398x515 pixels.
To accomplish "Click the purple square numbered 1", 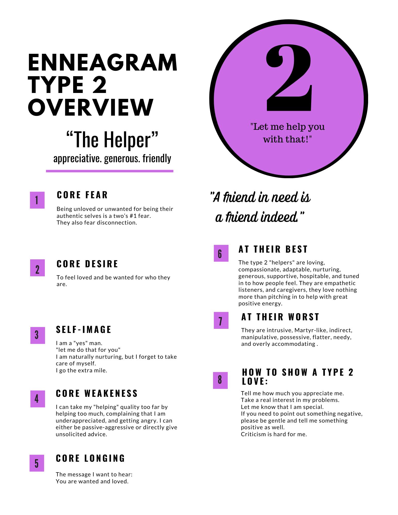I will [x=37, y=200].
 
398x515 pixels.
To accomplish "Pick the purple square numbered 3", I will [x=38, y=335].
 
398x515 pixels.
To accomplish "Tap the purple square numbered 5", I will [x=37, y=463].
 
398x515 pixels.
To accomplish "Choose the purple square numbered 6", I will [x=221, y=253].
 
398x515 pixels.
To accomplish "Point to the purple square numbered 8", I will [x=220, y=380].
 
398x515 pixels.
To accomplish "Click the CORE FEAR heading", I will [x=82, y=195].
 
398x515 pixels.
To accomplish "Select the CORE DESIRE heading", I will [x=87, y=264].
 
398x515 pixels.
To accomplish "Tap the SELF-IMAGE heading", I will [x=83, y=330].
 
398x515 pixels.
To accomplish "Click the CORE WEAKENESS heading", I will [x=97, y=393].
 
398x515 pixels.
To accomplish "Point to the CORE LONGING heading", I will [x=90, y=458].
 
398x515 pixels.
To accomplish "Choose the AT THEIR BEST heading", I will [x=273, y=249].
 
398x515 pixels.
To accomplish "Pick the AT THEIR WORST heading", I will [x=280, y=317].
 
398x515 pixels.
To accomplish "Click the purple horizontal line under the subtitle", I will [x=109, y=171].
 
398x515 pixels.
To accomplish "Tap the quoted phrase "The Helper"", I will [x=112, y=140].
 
